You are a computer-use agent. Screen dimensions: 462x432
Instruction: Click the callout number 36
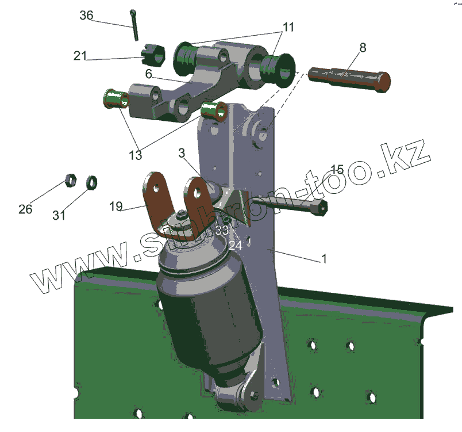point(86,16)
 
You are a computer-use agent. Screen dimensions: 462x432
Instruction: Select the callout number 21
point(80,56)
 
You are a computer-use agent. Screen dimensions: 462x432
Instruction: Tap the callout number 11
point(288,27)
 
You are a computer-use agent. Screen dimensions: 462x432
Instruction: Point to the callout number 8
point(362,47)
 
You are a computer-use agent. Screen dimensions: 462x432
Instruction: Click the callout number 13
point(136,155)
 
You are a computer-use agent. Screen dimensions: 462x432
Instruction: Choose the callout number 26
point(25,209)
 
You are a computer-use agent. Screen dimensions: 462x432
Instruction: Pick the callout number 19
point(115,207)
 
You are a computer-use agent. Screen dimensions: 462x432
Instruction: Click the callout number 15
point(337,169)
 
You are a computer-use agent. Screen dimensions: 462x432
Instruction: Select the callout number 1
point(324,259)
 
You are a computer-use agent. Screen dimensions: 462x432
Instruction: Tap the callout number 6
point(148,74)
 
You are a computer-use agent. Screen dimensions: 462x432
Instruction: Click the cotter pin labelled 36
point(134,25)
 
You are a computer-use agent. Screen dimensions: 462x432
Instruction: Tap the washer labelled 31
point(91,183)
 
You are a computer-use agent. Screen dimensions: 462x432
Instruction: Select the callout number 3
point(182,153)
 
